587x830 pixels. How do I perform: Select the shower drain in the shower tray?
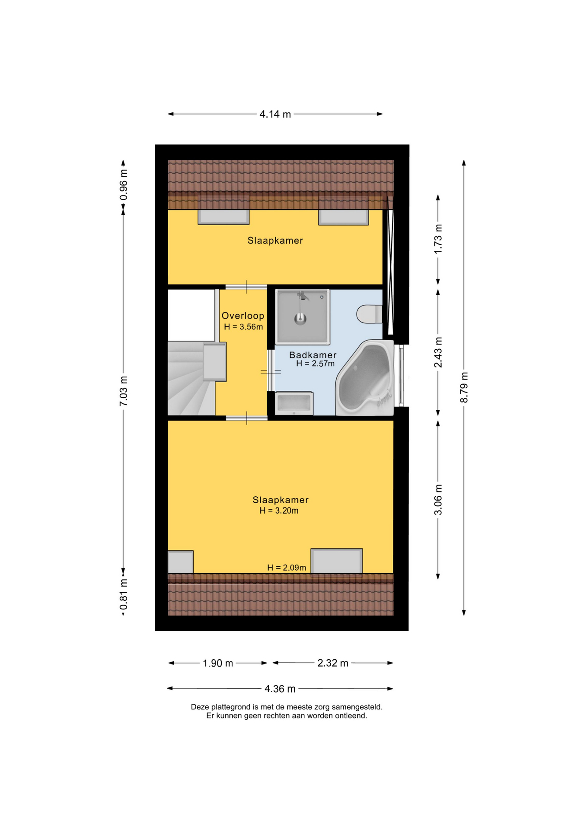pyautogui.click(x=300, y=319)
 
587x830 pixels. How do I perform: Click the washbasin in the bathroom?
pyautogui.click(x=294, y=403)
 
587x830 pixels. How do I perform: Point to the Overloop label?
pyautogui.click(x=243, y=316)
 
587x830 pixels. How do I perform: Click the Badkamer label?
pyautogui.click(x=313, y=355)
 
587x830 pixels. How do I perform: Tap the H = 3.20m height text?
pyautogui.click(x=279, y=511)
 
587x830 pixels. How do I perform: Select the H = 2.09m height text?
pyautogui.click(x=287, y=568)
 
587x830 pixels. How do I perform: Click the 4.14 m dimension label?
pyautogui.click(x=275, y=114)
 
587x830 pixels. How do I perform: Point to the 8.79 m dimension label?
pyautogui.click(x=464, y=387)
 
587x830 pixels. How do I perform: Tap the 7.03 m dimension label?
pyautogui.click(x=124, y=391)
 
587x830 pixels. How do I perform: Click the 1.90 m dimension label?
pyautogui.click(x=218, y=663)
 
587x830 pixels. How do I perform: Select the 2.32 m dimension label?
pyautogui.click(x=333, y=663)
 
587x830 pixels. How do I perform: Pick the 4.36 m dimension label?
pyautogui.click(x=280, y=689)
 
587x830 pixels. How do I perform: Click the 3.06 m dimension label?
pyautogui.click(x=438, y=500)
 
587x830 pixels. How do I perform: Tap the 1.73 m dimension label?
pyautogui.click(x=438, y=239)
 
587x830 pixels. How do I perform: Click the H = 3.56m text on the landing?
pyautogui.click(x=243, y=327)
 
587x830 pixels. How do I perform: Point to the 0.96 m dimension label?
pyautogui.click(x=124, y=185)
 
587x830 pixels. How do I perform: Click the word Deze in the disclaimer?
pyautogui.click(x=200, y=707)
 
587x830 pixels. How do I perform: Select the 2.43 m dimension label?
pyautogui.click(x=438, y=352)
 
